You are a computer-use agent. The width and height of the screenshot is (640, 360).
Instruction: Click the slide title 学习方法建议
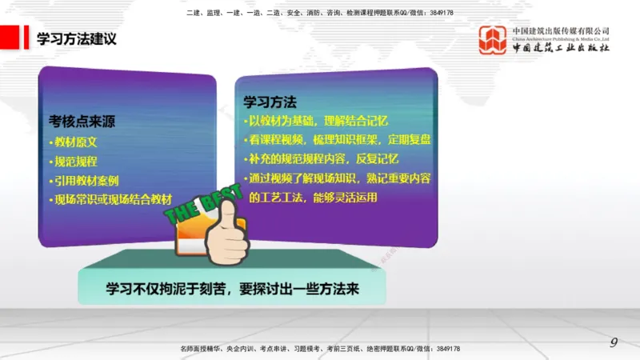pos(76,38)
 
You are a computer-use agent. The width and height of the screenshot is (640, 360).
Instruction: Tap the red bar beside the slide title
pos(10,38)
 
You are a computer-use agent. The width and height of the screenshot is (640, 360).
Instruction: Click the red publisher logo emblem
pos(493,40)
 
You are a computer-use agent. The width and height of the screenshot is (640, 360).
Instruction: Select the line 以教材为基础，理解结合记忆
pos(317,121)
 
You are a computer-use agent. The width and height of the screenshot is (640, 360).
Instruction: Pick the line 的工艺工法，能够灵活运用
pos(313,196)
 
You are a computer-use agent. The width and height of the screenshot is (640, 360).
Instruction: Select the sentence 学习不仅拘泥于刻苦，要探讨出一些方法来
pos(233,289)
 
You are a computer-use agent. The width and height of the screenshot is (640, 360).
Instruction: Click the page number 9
pos(614,342)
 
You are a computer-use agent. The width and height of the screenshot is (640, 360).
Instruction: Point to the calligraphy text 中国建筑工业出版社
pos(561,48)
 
